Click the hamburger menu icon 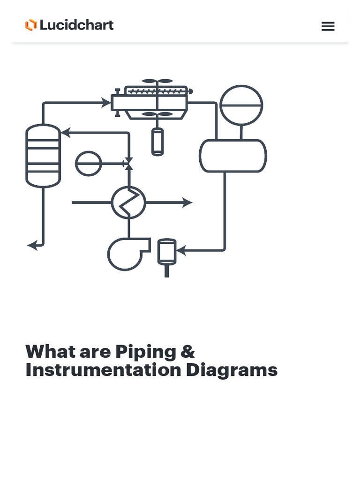[328, 26]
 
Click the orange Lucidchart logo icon [31, 25]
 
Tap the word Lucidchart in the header [76, 25]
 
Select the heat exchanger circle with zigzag [128, 202]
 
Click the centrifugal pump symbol [126, 254]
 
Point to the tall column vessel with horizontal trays [43, 156]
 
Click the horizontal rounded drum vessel [233, 156]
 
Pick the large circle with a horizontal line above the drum [241, 105]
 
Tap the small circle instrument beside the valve [89, 163]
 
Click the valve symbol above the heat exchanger [128, 164]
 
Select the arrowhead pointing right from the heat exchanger [187, 202]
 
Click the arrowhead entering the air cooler [106, 103]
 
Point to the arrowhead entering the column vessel [66, 133]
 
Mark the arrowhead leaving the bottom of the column [32, 245]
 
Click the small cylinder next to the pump [166, 252]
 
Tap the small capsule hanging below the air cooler [157, 142]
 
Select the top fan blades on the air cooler [157, 81]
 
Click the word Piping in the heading [146, 352]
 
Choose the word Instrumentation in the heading [103, 370]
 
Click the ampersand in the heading [187, 352]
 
